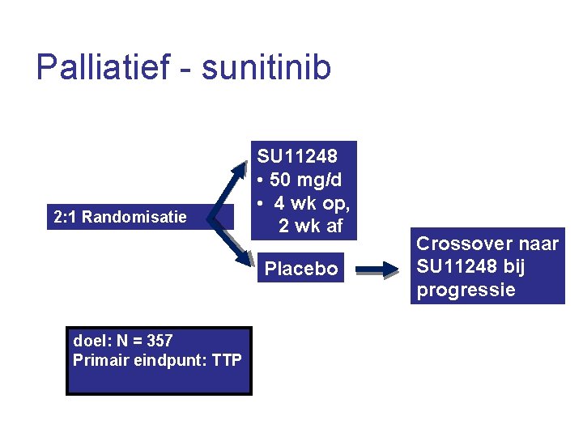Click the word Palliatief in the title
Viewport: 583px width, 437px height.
(102, 67)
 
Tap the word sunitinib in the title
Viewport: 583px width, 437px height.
(266, 67)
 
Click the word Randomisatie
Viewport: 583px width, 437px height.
(134, 217)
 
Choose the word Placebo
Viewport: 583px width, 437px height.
(302, 269)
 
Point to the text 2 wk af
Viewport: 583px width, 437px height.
(311, 227)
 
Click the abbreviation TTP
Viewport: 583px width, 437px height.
(226, 360)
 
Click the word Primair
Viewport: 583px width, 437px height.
(99, 360)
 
